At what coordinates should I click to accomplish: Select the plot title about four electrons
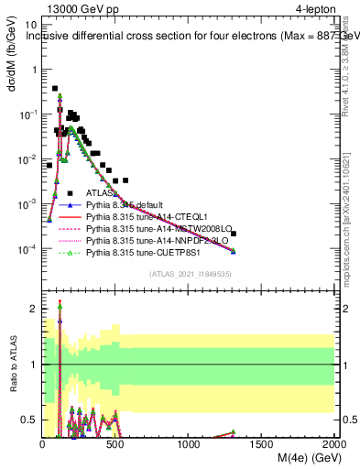click(192, 38)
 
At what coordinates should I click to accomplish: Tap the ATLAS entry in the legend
click(101, 193)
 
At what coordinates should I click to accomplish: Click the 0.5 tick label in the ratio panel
click(30, 420)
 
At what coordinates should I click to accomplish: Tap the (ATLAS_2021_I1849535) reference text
click(189, 274)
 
